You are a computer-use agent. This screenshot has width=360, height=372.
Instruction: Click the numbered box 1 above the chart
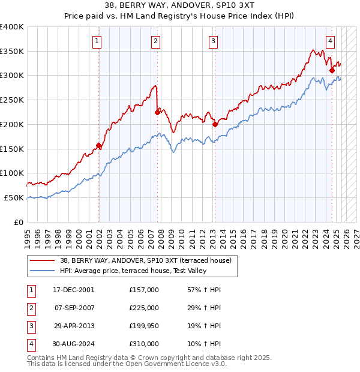97,41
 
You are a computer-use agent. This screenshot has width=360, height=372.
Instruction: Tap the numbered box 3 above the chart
213,41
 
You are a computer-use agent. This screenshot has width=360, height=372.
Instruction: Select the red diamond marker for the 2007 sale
157,112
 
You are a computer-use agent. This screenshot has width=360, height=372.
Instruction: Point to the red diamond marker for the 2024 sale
332,70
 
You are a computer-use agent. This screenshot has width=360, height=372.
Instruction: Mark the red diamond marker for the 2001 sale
99,145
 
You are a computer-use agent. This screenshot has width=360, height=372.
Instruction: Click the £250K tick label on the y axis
12,100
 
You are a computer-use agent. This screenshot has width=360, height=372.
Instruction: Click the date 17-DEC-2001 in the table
73,290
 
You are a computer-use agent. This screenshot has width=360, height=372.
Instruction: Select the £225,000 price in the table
144,308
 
